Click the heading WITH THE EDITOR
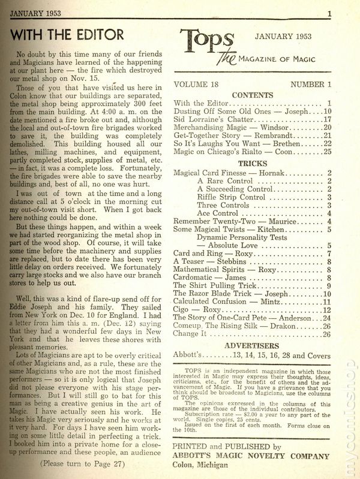67,34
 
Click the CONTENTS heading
252,95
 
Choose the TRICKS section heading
252,163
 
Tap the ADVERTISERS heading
252,346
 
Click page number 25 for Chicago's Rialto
327,152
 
